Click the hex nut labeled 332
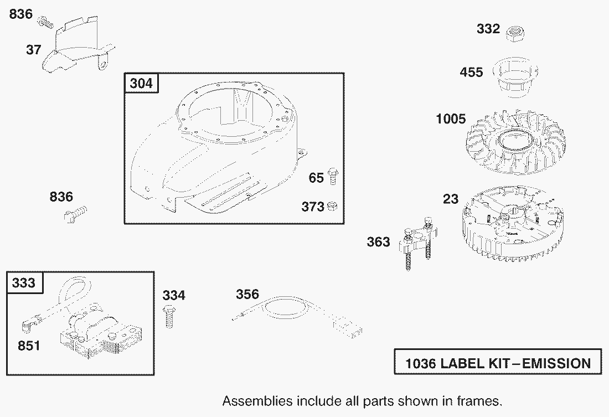(x=516, y=33)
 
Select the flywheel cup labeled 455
(x=515, y=78)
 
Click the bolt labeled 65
(x=333, y=177)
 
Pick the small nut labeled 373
(x=332, y=206)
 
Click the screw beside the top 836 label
(x=45, y=22)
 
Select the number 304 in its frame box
(x=141, y=83)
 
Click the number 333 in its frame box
(x=24, y=282)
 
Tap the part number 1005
(x=451, y=119)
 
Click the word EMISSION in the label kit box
(x=556, y=363)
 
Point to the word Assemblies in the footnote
(x=257, y=401)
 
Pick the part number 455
(x=471, y=72)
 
